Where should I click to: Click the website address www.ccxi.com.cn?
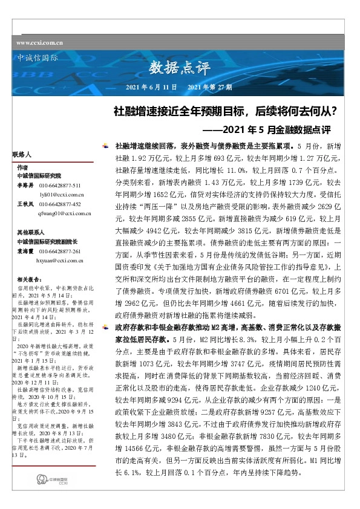point(40,42)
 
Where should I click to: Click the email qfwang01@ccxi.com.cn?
point(65,213)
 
